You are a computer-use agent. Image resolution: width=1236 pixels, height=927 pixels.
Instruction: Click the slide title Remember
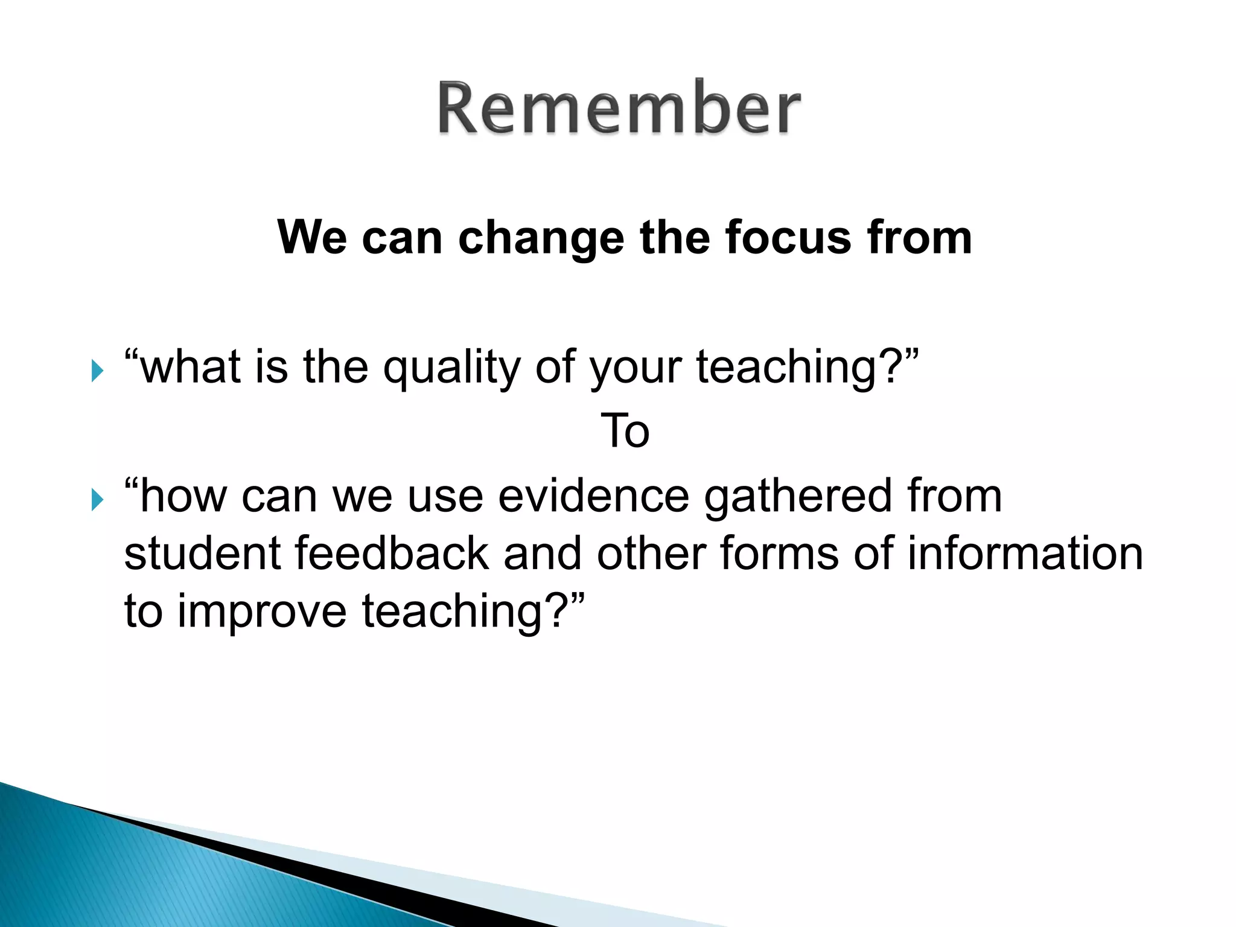click(x=619, y=109)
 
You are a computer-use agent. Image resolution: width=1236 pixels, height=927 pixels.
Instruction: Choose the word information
click(x=1025, y=553)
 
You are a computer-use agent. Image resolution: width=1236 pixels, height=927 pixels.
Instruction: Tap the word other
click(x=651, y=553)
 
